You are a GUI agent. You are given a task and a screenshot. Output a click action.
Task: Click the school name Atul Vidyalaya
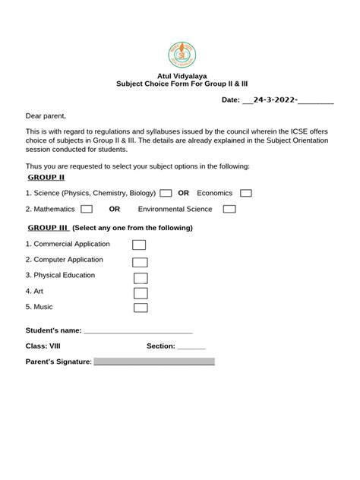[x=180, y=77]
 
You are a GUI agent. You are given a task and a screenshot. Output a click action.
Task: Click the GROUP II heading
[x=46, y=177]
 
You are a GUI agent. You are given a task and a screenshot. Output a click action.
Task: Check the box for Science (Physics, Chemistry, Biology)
[x=166, y=194]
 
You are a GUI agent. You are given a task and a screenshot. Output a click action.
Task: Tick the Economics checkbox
[x=245, y=194]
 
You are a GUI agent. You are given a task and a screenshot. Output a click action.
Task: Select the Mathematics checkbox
[x=87, y=209]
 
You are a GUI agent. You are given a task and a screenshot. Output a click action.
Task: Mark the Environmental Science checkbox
[x=229, y=209]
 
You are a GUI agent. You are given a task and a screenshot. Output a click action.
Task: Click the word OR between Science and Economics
[x=183, y=193]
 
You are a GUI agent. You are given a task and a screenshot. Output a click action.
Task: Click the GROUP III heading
[x=49, y=228]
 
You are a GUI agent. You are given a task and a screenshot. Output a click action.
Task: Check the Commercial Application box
[x=139, y=245]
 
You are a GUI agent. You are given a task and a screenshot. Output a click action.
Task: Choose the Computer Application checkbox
[x=140, y=261]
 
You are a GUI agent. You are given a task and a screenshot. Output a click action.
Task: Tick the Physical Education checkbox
[x=141, y=278]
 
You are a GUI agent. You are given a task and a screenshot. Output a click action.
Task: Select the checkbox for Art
[x=141, y=292]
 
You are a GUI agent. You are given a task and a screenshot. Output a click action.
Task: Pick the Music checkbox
[x=141, y=308]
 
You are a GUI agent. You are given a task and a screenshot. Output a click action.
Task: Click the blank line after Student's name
[x=137, y=331]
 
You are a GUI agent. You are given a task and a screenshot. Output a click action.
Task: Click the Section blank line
[x=191, y=346]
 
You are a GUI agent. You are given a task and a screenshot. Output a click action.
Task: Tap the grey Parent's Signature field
[x=153, y=362]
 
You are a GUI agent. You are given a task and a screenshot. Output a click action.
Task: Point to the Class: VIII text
[x=43, y=346]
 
